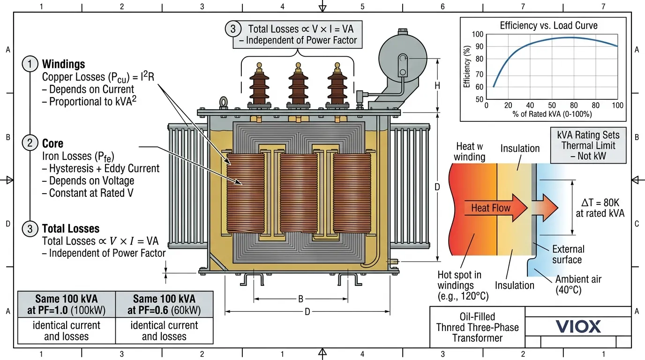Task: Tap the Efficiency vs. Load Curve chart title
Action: click(x=548, y=25)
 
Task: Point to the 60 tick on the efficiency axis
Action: click(x=479, y=87)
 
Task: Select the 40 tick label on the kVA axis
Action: click(x=530, y=105)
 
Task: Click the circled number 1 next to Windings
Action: click(x=30, y=64)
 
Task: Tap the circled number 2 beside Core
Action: click(x=30, y=143)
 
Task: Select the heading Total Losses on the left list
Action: click(x=71, y=229)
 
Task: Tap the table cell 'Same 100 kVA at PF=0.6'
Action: click(x=164, y=304)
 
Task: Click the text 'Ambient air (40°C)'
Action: click(x=578, y=285)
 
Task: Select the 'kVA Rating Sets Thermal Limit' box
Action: click(x=588, y=146)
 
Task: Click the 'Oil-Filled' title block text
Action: click(x=477, y=317)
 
